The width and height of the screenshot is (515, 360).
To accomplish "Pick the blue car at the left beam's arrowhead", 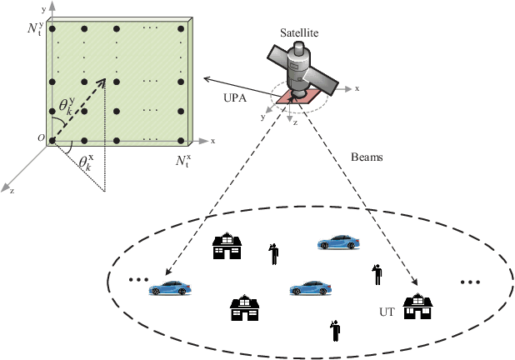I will [170, 288].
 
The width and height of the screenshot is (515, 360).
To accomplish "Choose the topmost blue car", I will [338, 242].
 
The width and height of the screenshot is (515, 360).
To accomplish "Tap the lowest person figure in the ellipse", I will [335, 330].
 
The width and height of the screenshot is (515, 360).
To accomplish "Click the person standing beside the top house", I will [272, 252].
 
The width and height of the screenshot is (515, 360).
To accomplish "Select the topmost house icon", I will [227, 246].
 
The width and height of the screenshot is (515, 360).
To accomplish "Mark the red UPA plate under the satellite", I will [297, 98].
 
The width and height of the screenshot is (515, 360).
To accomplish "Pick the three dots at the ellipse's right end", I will [470, 282].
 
